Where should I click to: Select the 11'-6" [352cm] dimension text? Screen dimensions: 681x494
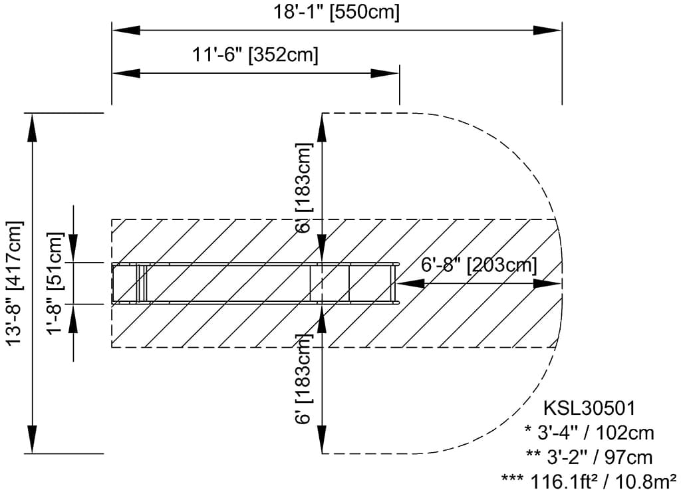255,55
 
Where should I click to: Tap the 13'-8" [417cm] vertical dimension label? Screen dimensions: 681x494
16,283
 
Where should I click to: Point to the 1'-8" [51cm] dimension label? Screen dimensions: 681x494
56,283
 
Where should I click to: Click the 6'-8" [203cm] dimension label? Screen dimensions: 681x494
479,265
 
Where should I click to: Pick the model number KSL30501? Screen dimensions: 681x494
590,408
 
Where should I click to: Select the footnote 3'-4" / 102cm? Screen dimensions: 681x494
589,433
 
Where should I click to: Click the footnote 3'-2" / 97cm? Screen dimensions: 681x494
589,457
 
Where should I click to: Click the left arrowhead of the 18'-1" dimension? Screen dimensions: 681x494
126,31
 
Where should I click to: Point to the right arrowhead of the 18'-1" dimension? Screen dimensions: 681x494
548,31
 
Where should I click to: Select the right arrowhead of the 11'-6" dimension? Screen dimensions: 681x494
384,73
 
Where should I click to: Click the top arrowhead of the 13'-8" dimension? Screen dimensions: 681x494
32,127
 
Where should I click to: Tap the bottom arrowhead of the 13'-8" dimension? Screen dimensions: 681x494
32,439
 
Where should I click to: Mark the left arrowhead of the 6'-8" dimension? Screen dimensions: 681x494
411,283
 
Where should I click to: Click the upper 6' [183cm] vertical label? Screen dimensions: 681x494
304,187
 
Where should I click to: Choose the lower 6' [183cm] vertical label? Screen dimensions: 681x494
304,378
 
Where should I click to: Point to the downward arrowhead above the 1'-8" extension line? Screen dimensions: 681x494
73,249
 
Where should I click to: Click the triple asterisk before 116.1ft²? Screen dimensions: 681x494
513,478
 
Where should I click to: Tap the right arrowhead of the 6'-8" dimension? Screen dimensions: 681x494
548,283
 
